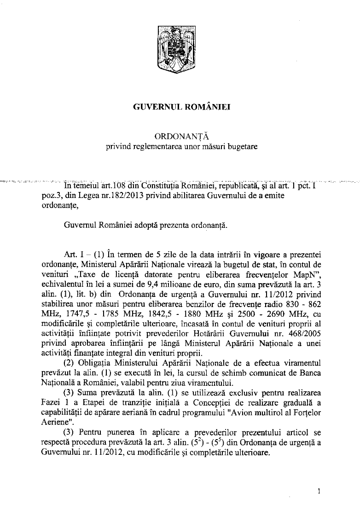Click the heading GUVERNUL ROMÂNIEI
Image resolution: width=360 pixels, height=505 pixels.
pyautogui.click(x=180, y=108)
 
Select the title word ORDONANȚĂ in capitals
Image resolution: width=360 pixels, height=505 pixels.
pyautogui.click(x=180, y=137)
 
